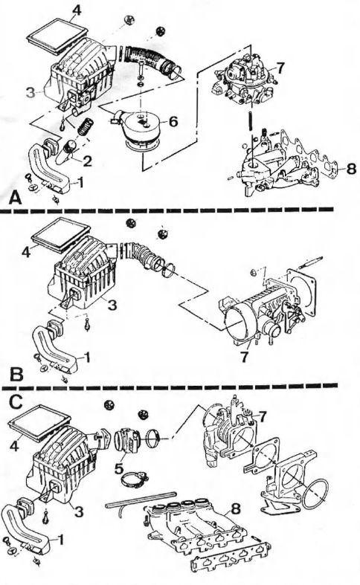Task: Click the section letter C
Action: pos(14,403)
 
